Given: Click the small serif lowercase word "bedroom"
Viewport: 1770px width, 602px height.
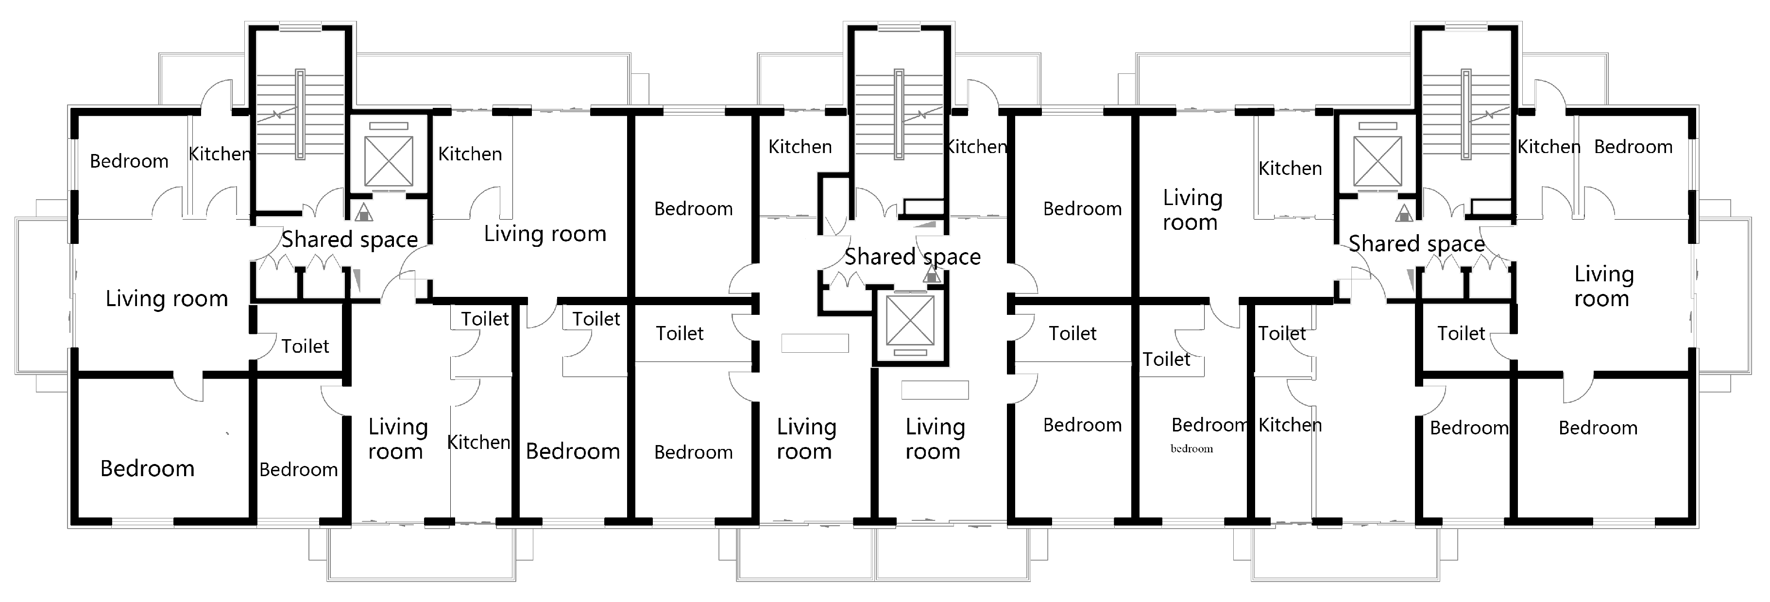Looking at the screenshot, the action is pos(1191,449).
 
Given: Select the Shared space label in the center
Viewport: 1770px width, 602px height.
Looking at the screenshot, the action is pos(913,257).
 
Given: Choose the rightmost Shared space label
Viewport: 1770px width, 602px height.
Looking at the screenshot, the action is pos(1417,244).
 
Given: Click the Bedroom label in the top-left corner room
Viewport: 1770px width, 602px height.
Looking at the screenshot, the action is pos(129,161).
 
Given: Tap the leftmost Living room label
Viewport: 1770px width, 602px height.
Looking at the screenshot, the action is pos(167,299).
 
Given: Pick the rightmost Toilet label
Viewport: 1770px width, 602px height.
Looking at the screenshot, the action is pos(1462,334).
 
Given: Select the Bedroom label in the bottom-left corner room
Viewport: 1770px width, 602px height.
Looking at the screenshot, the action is pos(148,469).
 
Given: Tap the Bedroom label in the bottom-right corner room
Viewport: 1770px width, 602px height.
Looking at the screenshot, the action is pos(1598,428).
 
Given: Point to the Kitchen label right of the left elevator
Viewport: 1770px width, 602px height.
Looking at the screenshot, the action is pos(470,154).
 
